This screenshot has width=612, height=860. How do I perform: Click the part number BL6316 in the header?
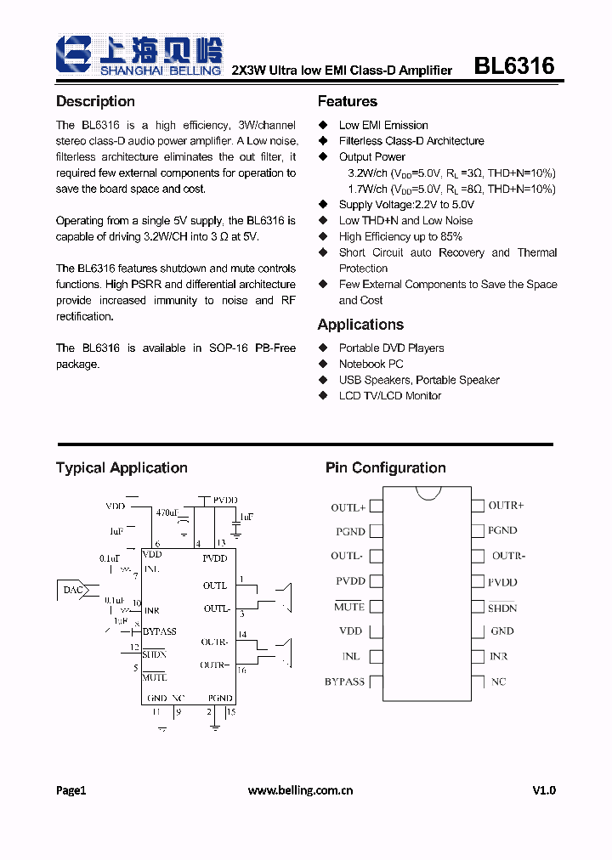(513, 66)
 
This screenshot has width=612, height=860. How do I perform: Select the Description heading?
(95, 101)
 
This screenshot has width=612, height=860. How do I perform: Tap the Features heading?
(347, 101)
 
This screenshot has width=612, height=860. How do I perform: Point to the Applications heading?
(360, 325)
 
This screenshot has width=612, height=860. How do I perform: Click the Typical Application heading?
(122, 467)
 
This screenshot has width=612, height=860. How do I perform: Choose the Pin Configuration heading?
(385, 467)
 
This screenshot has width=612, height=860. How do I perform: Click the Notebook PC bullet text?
(371, 364)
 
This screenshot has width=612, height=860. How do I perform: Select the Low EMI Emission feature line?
(383, 125)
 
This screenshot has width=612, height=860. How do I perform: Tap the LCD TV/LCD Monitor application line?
(390, 396)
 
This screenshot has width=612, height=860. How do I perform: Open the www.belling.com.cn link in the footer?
(300, 790)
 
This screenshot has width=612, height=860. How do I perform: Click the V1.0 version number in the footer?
(544, 790)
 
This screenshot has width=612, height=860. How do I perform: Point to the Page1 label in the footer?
(71, 790)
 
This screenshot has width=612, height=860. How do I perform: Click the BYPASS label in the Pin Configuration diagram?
(344, 682)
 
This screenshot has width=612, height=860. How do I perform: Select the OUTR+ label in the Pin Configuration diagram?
(506, 506)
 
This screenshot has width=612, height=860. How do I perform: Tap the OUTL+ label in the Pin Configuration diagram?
(348, 507)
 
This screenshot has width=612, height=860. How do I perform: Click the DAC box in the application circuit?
(71, 589)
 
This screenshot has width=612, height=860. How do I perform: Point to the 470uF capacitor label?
(167, 512)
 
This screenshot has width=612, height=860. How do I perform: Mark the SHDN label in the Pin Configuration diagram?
(502, 608)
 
